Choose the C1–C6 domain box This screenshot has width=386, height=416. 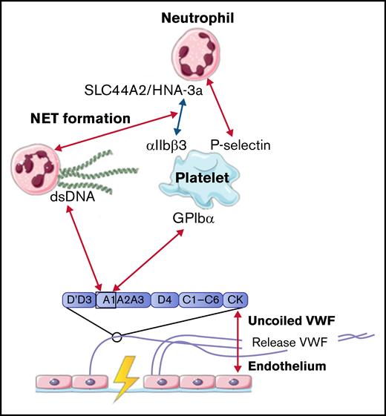click(200, 299)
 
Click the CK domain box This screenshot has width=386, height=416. click(235, 299)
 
